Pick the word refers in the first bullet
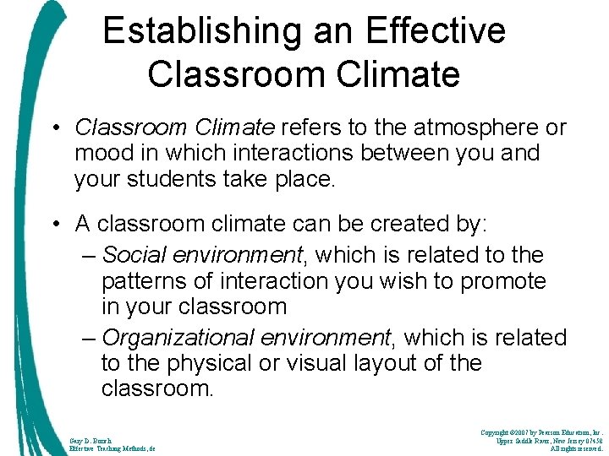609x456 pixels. tap(311, 128)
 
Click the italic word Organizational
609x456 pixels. tap(176, 338)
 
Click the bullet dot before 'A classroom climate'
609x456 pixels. tap(56, 224)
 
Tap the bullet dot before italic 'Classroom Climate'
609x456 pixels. tap(56, 128)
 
